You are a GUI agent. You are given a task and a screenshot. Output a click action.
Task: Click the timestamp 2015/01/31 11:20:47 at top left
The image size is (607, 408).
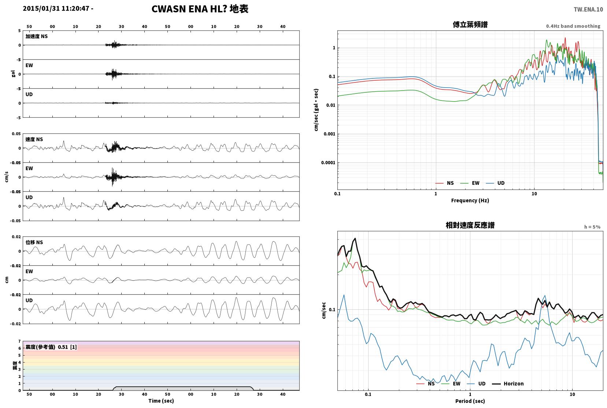coord(56,8)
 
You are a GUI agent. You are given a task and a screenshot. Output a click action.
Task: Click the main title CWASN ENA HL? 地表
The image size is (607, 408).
coord(200,9)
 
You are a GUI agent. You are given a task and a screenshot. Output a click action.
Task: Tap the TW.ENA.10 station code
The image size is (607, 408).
coord(588,10)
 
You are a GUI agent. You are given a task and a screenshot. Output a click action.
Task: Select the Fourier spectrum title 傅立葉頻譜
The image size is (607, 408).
coord(470,25)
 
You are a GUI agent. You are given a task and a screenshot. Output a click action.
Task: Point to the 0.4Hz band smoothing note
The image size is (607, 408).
coord(573,26)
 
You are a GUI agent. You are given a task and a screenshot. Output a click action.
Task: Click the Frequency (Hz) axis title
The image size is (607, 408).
coord(470,201)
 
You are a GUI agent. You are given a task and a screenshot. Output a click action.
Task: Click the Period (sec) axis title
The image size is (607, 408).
coord(470,401)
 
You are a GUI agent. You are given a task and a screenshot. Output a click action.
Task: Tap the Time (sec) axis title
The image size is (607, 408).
coord(161,401)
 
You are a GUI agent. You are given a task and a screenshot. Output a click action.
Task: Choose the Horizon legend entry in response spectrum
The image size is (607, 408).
coord(508,383)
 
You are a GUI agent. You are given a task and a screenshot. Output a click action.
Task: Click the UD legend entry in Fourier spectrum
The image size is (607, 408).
coord(495,183)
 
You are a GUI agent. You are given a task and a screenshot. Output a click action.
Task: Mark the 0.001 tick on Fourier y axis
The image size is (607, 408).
coord(329,134)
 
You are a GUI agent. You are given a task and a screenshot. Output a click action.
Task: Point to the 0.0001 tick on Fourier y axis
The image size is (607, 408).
coord(328,163)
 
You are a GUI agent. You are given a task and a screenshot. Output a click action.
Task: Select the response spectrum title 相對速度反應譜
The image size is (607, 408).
coord(470,225)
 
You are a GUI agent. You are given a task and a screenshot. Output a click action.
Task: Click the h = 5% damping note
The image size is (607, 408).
coord(592,227)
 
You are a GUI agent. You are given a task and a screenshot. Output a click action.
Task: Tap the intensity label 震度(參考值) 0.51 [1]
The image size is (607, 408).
coord(51,347)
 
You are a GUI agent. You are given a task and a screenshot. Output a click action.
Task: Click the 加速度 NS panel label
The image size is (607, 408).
coord(37,36)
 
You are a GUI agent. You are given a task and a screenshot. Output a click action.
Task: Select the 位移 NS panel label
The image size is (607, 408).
coord(34,242)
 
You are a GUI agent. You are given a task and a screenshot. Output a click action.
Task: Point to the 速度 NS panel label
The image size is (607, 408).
coord(34,139)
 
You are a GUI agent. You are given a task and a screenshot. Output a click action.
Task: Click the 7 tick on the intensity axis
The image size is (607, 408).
coord(19,341)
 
